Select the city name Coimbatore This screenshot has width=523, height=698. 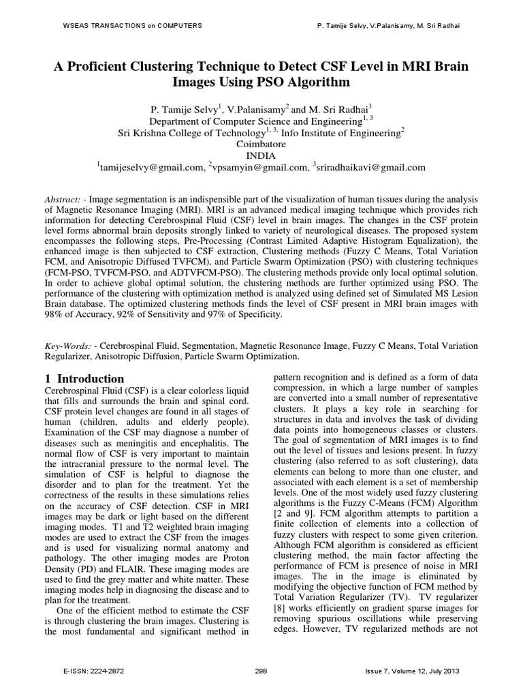click(261, 145)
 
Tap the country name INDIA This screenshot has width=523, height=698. click(261, 155)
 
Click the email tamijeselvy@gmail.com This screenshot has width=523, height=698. click(151, 167)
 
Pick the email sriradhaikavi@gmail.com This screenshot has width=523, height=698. click(370, 167)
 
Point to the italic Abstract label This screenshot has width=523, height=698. click(63, 198)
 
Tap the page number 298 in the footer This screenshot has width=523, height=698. click(261, 671)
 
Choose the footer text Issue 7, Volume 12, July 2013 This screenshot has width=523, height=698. click(412, 671)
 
